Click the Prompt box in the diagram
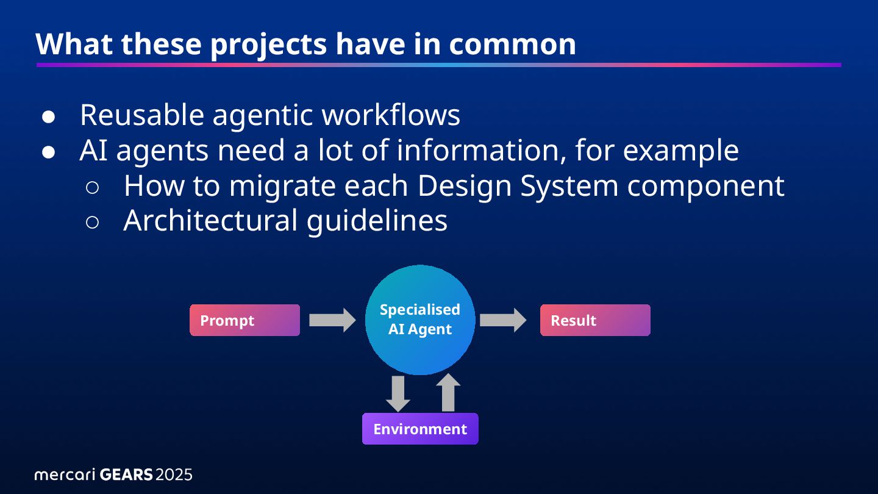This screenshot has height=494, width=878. [244, 320]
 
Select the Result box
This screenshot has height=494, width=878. [595, 320]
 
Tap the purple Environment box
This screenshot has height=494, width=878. [420, 429]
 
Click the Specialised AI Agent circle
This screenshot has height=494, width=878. [420, 320]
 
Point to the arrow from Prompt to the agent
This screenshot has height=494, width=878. [332, 320]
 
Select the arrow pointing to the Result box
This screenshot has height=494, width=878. [503, 320]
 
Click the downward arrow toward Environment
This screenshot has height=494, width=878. [398, 393]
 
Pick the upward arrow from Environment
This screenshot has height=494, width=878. [449, 393]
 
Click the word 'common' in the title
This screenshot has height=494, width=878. [513, 44]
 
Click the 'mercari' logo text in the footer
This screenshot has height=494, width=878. [64, 474]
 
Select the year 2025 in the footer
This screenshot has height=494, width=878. [174, 474]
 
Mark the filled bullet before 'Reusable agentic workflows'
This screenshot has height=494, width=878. [49, 116]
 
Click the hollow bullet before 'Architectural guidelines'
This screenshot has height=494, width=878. [93, 222]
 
